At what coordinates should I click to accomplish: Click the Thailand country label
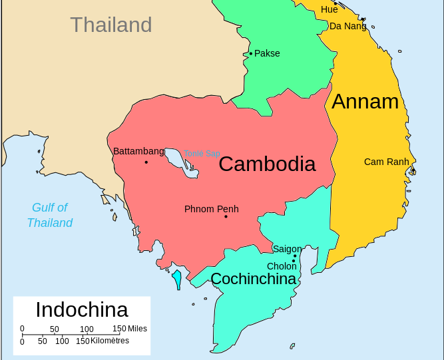(x=111, y=25)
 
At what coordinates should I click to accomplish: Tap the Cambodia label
(x=267, y=164)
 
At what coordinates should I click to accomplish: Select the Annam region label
(x=365, y=101)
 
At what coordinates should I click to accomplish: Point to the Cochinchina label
(x=254, y=279)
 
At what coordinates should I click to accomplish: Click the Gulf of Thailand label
(x=50, y=215)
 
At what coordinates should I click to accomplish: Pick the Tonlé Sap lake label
(x=202, y=154)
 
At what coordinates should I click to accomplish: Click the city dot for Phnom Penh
(x=226, y=216)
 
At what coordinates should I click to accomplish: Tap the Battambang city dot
(x=146, y=162)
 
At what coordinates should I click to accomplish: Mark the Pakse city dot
(x=251, y=53)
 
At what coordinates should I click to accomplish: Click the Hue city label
(x=329, y=9)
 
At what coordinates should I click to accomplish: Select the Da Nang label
(x=347, y=26)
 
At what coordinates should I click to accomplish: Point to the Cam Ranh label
(x=387, y=162)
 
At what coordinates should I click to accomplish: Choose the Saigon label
(x=287, y=249)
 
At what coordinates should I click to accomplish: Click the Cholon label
(x=282, y=266)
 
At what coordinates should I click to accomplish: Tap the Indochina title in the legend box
(x=82, y=309)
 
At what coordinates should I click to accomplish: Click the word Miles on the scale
(x=138, y=329)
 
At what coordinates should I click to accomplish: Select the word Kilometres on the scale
(x=111, y=341)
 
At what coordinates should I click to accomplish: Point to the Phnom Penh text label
(x=211, y=209)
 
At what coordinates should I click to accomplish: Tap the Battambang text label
(x=138, y=151)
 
